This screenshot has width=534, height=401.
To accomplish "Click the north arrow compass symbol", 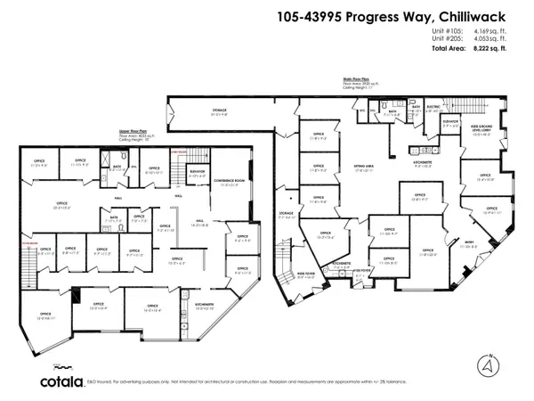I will tap(486, 363).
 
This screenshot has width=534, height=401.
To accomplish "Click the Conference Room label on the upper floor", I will tap(230, 182).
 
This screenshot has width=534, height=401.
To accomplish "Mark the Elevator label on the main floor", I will tap(449, 122).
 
